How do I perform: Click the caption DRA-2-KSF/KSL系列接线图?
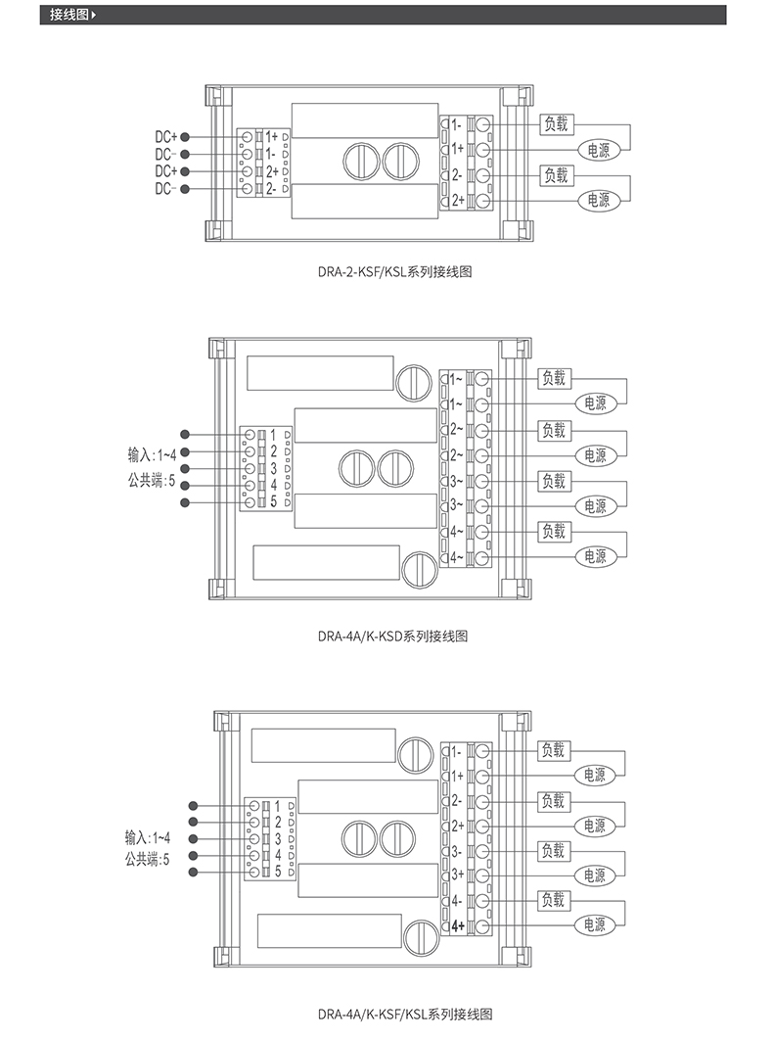386,271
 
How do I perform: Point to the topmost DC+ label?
165,137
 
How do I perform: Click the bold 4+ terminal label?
457,925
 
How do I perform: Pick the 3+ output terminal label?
457,875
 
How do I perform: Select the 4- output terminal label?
457,900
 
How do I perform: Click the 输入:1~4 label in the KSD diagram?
152,454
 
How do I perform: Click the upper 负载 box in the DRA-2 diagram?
556,124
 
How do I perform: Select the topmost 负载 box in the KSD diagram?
554,378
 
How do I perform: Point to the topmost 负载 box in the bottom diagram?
554,750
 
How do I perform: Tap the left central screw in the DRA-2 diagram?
358,160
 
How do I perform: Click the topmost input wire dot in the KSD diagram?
185,434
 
